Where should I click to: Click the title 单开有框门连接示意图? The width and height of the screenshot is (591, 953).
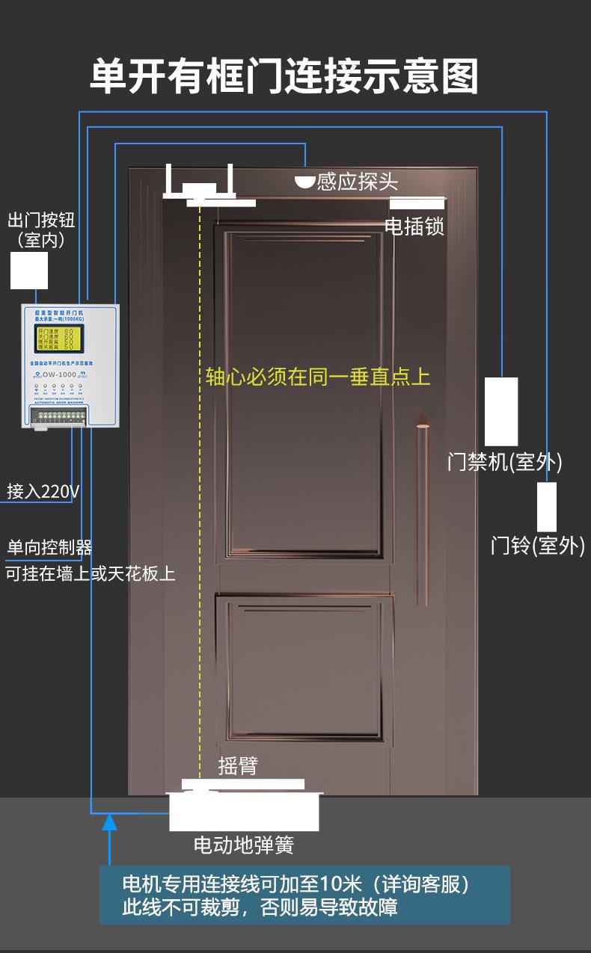[x=284, y=76]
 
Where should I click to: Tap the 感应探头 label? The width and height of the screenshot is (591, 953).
[x=357, y=182]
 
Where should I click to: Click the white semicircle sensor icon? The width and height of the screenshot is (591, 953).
[x=304, y=182]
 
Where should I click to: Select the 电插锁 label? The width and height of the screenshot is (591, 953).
[x=414, y=226]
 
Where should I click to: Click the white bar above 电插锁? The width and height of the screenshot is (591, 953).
[x=417, y=203]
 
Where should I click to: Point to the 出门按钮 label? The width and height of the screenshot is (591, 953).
[x=41, y=220]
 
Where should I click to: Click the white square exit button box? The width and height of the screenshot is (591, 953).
[x=29, y=270]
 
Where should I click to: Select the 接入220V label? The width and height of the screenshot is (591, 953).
[x=43, y=492]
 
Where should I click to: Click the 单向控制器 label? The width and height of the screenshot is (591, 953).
[x=49, y=548]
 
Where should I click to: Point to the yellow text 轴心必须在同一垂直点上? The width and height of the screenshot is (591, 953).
[x=318, y=376]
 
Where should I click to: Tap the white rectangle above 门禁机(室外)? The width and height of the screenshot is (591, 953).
[x=501, y=411]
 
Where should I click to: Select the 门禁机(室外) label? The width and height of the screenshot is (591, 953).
[x=504, y=462]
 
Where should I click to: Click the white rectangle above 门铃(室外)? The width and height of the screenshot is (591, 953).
[x=547, y=507]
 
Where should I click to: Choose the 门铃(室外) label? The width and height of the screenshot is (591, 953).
[x=537, y=546]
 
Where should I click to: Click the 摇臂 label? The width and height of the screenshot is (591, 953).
[x=238, y=766]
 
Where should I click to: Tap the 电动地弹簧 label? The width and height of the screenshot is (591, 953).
[x=244, y=845]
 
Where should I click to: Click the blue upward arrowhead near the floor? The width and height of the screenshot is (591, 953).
[x=109, y=822]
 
